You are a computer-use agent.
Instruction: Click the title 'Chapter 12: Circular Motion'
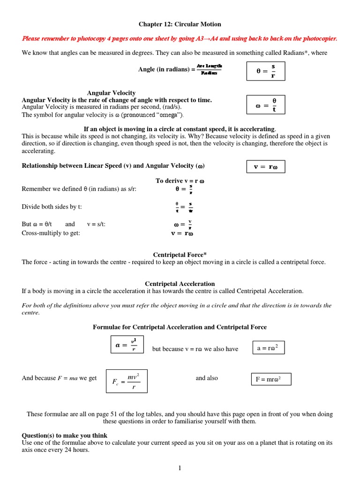[x=180, y=24]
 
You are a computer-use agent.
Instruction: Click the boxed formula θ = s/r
[x=266, y=71]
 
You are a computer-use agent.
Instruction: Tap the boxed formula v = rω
[x=266, y=166]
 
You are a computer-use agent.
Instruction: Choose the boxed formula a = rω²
[x=268, y=348]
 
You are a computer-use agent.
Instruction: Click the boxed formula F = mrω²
[x=271, y=379]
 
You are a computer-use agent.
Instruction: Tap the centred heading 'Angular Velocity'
[x=111, y=93]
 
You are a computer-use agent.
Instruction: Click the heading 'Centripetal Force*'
[x=180, y=255]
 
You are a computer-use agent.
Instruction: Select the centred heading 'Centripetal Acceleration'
[x=180, y=284]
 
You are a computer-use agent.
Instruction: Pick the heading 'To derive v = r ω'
[x=180, y=181]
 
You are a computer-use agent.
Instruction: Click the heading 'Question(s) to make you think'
[x=65, y=435]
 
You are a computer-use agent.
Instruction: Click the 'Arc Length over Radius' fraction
[x=209, y=69]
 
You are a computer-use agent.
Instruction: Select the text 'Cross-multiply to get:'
[x=51, y=233]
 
